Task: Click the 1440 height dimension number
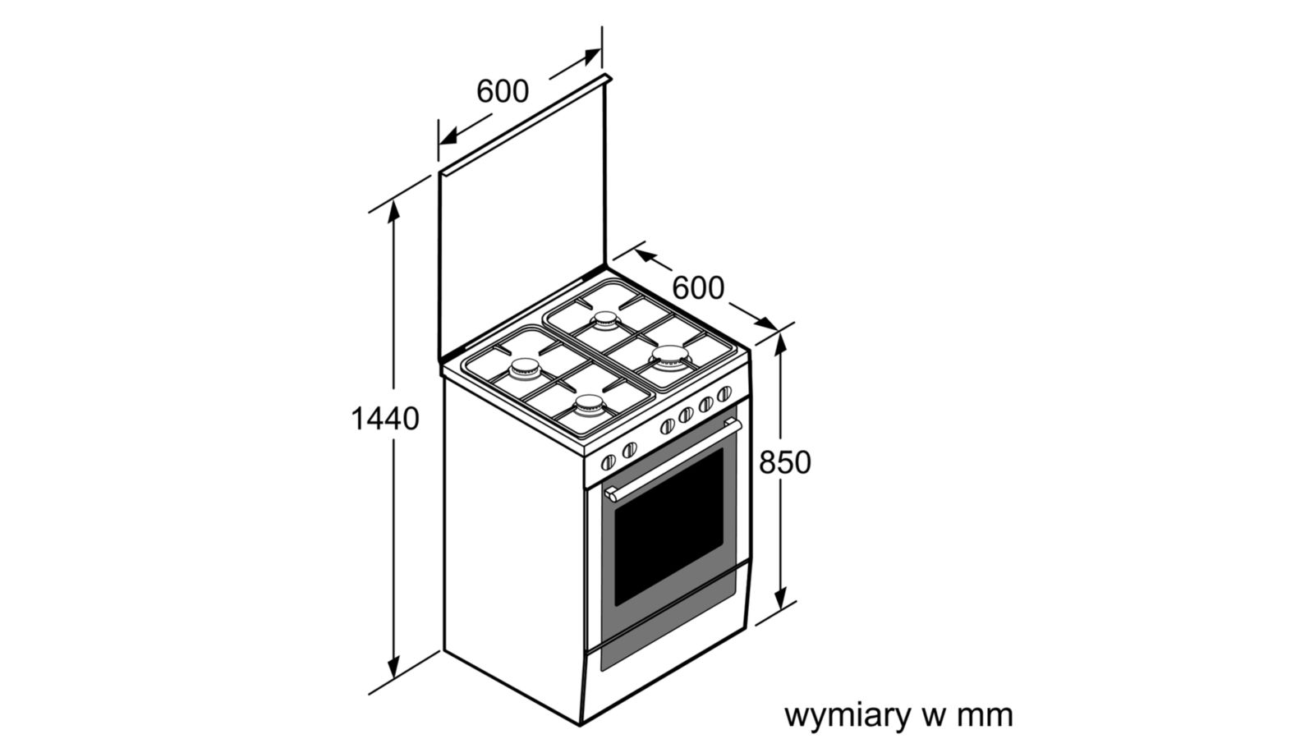click(385, 419)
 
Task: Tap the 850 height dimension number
click(785, 462)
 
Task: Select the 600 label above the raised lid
click(503, 91)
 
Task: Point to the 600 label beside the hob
click(698, 288)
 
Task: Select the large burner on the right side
click(669, 357)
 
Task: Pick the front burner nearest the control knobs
click(589, 406)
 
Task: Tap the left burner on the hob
click(525, 369)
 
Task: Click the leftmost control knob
click(609, 462)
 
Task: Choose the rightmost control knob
click(724, 393)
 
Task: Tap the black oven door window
click(668, 526)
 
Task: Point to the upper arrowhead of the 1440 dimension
click(393, 211)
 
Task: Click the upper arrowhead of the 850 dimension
click(780, 344)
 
